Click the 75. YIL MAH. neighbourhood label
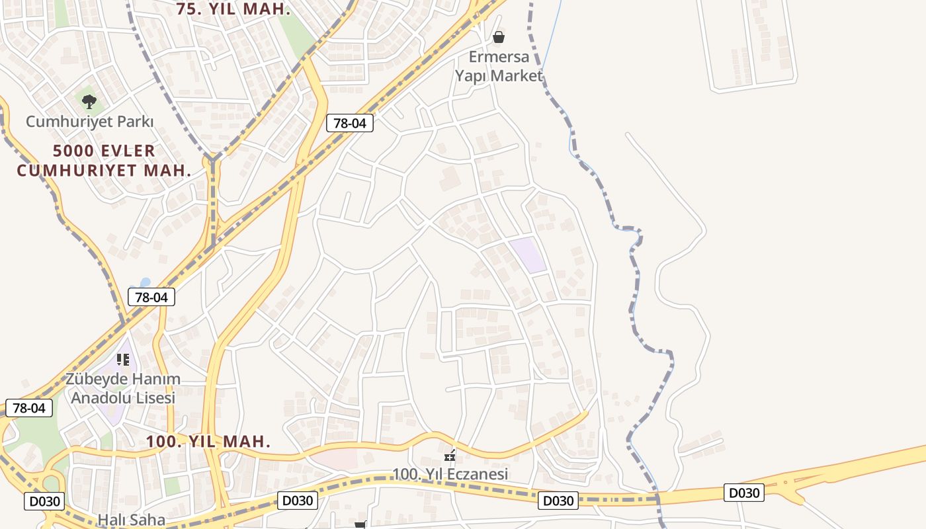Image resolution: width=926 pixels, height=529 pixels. (233, 9)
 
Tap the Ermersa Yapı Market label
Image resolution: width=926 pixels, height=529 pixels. (499, 66)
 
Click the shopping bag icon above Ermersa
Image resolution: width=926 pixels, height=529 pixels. (499, 37)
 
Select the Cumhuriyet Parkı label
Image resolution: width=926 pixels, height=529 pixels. (89, 122)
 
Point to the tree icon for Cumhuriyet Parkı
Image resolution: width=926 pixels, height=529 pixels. (89, 102)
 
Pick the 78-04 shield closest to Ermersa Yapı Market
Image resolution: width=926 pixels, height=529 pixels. (350, 123)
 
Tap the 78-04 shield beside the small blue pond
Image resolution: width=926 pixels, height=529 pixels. (151, 298)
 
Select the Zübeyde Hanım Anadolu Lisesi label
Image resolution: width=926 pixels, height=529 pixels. (123, 389)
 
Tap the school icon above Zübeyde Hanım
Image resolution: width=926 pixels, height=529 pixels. (123, 360)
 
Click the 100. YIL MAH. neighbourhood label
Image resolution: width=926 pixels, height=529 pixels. (208, 442)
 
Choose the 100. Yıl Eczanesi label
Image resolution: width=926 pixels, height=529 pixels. (450, 474)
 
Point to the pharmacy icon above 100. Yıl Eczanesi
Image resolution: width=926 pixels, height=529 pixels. (450, 456)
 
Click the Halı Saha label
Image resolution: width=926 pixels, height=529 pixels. (131, 520)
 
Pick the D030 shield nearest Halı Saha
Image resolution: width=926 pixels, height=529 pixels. (45, 501)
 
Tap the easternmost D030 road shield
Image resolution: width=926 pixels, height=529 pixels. (743, 493)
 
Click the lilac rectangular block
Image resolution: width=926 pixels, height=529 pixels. (528, 256)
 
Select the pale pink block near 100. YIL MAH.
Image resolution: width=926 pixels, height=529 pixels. (334, 459)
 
